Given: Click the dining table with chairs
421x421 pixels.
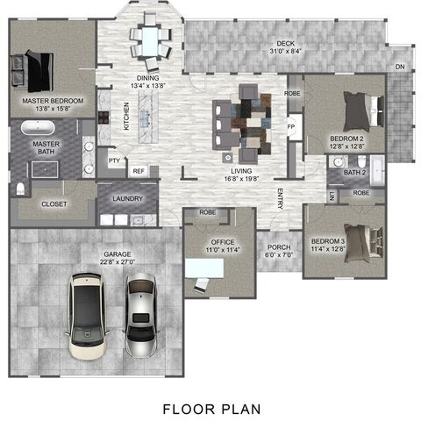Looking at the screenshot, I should [x=151, y=40].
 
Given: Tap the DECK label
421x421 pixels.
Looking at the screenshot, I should [x=285, y=46].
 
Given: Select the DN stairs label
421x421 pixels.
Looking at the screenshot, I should [x=400, y=68].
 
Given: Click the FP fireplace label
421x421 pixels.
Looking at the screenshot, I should [x=291, y=127].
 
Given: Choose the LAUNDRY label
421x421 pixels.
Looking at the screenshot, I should [x=128, y=199].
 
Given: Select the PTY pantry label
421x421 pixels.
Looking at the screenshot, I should [x=114, y=161].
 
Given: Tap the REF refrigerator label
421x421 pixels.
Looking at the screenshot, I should [x=138, y=171].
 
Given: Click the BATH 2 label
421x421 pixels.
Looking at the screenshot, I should [x=353, y=173].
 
